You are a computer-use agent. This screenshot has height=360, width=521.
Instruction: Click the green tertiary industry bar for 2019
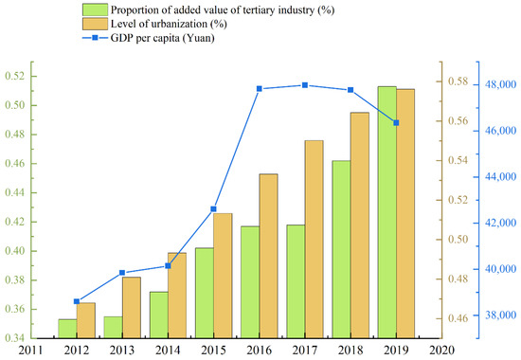pos(387,212)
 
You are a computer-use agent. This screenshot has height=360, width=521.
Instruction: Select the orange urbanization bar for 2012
pos(85,320)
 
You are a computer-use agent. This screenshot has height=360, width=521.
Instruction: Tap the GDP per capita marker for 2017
pos(305,85)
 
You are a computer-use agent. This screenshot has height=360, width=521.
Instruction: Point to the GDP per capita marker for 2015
pos(214,209)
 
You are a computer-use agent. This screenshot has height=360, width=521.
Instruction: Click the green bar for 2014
pos(159,315)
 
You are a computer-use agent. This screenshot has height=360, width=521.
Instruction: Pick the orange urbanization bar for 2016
pos(268,256)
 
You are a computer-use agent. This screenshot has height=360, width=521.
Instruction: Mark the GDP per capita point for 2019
pos(396,123)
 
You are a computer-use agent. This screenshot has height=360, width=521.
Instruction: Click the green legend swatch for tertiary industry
pos(95,9)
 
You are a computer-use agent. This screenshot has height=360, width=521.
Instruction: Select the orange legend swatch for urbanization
pos(95,24)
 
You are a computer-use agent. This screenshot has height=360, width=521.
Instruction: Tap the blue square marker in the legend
pos(95,38)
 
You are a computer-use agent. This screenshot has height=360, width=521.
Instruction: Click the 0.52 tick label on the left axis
pos(15,76)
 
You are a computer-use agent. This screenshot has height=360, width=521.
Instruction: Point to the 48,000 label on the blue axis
pos(501,84)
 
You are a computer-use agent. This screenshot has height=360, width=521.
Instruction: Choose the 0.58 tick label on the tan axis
pos(458,81)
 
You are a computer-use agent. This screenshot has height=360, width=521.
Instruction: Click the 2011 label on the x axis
pos(30,350)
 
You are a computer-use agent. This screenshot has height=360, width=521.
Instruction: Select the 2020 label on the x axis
pos(441,350)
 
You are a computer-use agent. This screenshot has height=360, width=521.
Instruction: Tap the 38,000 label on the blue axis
pos(501,315)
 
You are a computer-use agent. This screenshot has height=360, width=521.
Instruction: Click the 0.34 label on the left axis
pos(15,338)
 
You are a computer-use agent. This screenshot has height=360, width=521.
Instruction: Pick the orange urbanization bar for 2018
pos(360,225)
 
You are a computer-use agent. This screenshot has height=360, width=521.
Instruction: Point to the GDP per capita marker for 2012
pos(77,301)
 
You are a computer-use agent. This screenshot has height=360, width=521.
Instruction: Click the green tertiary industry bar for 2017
pos(296,281)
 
